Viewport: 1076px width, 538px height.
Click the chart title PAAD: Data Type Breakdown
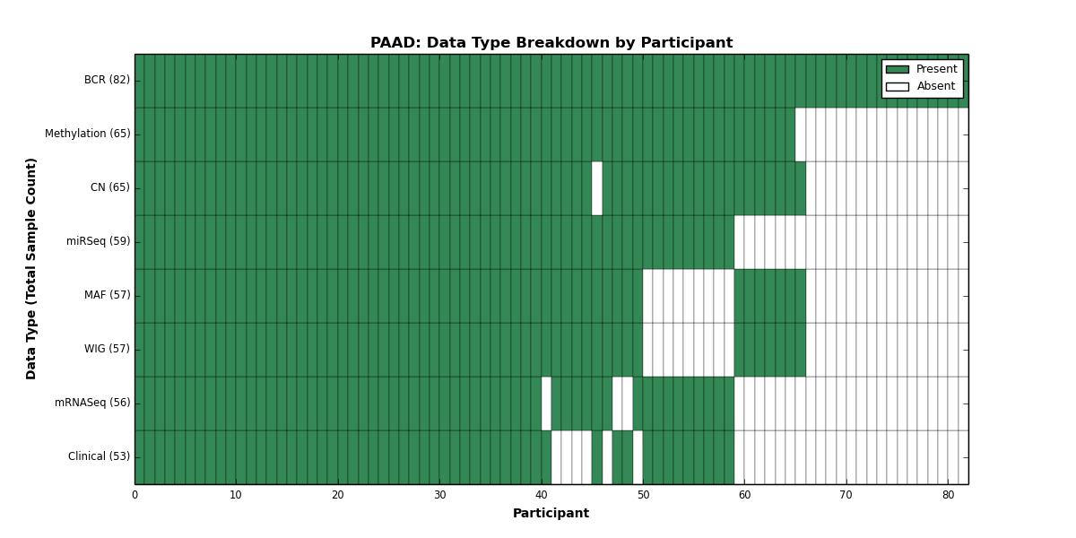coord(551,43)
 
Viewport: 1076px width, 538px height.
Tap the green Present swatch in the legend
coord(898,70)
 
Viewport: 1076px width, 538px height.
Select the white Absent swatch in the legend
coord(898,87)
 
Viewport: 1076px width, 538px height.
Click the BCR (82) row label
coord(107,80)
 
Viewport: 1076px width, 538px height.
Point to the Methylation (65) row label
coord(88,134)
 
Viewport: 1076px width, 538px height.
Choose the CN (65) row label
coord(110,187)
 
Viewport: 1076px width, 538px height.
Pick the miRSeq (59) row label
coord(98,241)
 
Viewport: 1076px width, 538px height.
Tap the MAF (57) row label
coord(107,295)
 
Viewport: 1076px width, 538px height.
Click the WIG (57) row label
coord(107,349)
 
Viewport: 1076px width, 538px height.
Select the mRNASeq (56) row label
coord(92,403)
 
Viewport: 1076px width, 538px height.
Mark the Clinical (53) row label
coord(99,456)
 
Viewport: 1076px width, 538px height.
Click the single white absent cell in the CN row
coord(597,188)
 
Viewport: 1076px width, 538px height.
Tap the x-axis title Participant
coord(551,514)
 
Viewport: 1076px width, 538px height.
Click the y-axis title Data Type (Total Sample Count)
coord(30,269)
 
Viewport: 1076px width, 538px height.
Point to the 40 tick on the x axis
coord(542,495)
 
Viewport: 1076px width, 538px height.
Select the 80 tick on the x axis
coord(949,495)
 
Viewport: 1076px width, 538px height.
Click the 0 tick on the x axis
coord(135,495)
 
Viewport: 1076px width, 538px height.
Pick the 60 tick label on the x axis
coord(744,495)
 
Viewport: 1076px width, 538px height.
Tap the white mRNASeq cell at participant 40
coord(547,403)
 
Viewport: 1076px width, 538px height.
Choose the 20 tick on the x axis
coord(338,495)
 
